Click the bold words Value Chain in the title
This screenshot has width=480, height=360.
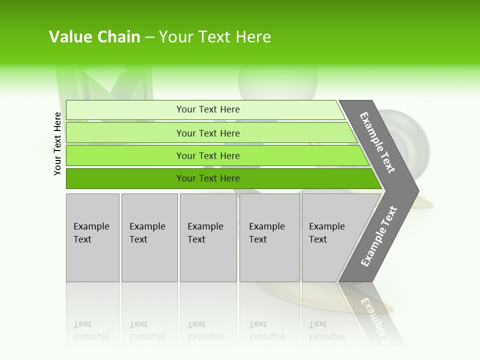tap(94, 37)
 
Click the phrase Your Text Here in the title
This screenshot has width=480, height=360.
tap(215, 37)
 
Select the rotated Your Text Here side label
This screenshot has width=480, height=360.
tap(57, 143)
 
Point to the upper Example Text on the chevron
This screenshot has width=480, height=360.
tap(377, 143)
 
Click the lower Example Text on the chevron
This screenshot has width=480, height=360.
tap(378, 236)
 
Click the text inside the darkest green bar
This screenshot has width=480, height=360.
tap(208, 178)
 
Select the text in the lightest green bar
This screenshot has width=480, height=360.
tap(208, 109)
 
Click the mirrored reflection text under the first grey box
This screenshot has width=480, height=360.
tap(91, 330)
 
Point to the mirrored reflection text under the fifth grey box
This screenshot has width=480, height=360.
tap(326, 330)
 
